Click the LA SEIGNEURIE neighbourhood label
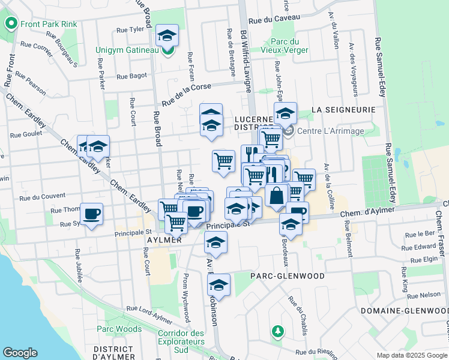[x=344, y=110]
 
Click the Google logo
[x=20, y=353]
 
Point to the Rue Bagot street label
[x=131, y=76]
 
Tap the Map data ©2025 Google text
[x=411, y=355]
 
